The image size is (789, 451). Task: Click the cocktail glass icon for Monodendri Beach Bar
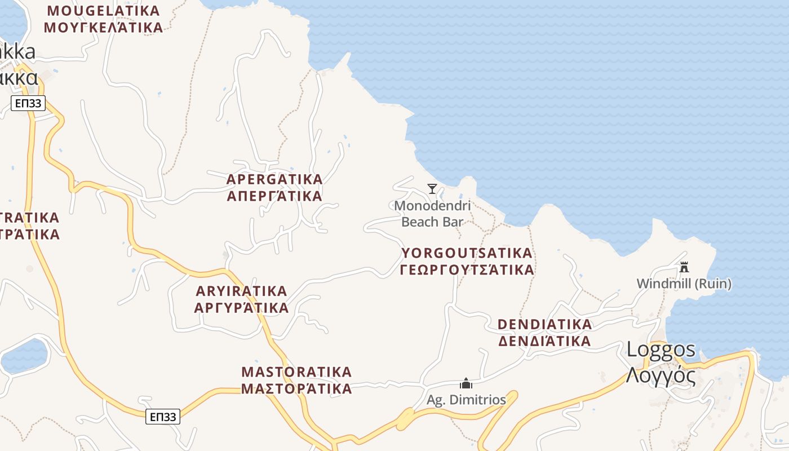click(x=432, y=189)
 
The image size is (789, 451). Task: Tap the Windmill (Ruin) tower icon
click(x=684, y=267)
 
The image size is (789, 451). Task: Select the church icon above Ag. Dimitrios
click(x=466, y=384)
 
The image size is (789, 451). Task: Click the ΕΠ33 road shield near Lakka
click(x=28, y=103)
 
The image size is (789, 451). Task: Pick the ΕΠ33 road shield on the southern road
click(x=163, y=417)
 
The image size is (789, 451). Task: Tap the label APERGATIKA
click(x=274, y=179)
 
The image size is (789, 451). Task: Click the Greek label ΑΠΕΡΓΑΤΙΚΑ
click(x=274, y=196)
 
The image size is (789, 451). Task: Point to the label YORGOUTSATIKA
click(x=467, y=253)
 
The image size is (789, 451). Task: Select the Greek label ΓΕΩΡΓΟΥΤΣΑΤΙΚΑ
click(x=467, y=270)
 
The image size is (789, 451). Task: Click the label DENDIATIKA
click(x=545, y=324)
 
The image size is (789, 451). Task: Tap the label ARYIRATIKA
click(x=241, y=291)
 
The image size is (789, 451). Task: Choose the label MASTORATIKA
click(x=296, y=372)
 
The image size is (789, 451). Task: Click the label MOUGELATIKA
click(x=104, y=11)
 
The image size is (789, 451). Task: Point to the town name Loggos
click(x=661, y=350)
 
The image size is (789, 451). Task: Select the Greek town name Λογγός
click(x=661, y=375)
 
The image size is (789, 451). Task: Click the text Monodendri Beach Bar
click(x=432, y=214)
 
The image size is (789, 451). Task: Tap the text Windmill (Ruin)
click(x=684, y=284)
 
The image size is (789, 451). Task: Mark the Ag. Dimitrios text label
click(x=466, y=400)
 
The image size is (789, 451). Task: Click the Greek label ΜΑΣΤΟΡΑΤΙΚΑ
click(x=296, y=389)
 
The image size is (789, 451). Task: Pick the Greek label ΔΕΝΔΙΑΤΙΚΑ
click(x=545, y=341)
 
